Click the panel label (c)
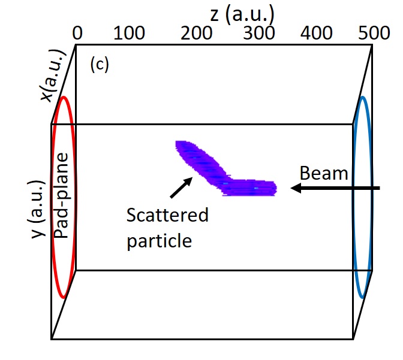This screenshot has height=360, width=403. point(99,65)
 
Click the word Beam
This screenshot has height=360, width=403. point(324,174)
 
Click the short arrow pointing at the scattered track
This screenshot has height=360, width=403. point(179,187)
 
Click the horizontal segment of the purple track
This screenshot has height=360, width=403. point(252,187)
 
